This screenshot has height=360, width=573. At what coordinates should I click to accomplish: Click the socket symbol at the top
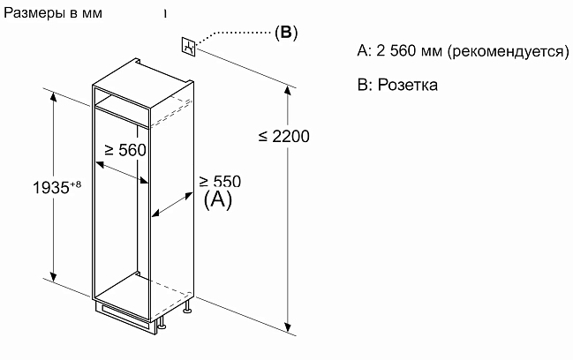coord(189,47)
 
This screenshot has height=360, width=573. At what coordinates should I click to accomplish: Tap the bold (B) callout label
coord(286,32)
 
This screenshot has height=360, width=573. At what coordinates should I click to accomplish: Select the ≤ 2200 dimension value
coord(284,136)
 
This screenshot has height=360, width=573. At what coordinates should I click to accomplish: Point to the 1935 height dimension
coord(51,187)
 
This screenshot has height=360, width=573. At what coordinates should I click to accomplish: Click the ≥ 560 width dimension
coord(125,150)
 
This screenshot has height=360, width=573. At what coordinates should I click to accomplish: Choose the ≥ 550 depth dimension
coord(220,181)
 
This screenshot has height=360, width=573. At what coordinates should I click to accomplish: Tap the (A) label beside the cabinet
coord(218,199)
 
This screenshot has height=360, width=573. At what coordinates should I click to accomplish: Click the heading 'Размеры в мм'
coord(53,13)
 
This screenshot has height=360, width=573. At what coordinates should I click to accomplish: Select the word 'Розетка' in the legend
coord(408,85)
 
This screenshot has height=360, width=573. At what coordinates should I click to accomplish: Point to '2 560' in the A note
coord(396,51)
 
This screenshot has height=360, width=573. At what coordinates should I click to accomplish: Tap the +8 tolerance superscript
coord(75,184)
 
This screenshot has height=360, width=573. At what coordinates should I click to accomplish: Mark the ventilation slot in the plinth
coord(124,315)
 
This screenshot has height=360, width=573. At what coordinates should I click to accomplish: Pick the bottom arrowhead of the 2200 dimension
coord(289,327)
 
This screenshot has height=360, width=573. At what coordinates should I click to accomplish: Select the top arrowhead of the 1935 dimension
coord(54,97)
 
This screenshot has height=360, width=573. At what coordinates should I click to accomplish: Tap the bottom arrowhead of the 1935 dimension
coord(54,276)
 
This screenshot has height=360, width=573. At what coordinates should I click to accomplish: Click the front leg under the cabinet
coord(162,323)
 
